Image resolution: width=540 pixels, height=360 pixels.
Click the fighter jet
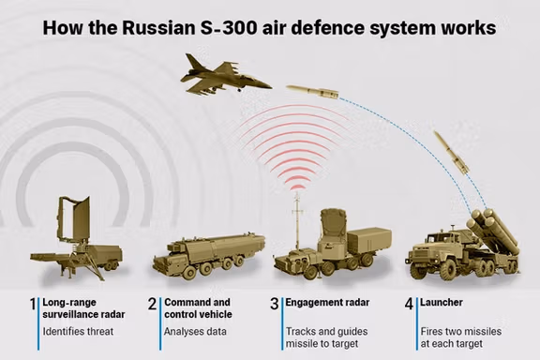click(x=220, y=75)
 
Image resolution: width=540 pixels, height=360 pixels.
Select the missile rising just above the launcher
click(x=451, y=152)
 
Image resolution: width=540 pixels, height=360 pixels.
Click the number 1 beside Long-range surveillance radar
click(x=32, y=305)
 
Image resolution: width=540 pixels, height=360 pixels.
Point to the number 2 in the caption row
click(x=153, y=305)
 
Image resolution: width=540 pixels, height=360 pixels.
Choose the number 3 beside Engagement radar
click(x=275, y=305)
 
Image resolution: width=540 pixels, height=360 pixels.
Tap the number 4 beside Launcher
click(x=409, y=305)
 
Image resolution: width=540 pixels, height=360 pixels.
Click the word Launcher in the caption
click(x=443, y=304)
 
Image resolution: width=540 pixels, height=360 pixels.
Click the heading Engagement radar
click(x=323, y=304)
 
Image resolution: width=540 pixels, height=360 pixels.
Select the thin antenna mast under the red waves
click(x=297, y=216)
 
